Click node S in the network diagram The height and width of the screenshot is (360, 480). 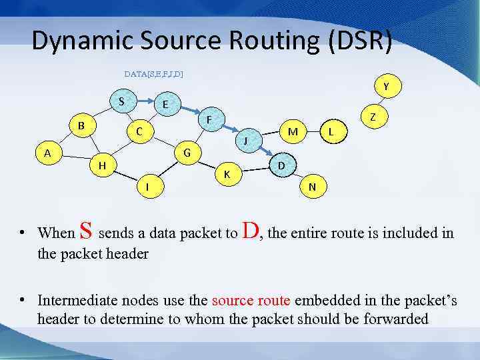pyautogui.click(x=121, y=101)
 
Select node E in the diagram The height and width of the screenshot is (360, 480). pyautogui.click(x=164, y=105)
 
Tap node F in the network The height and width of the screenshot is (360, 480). pyautogui.click(x=209, y=120)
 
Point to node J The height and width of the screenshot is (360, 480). pyautogui.click(x=245, y=141)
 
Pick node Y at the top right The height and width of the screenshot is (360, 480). pyautogui.click(x=386, y=86)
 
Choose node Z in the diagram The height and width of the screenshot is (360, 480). pyautogui.click(x=373, y=116)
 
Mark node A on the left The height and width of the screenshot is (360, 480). pyautogui.click(x=47, y=153)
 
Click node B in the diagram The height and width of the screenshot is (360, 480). pyautogui.click(x=81, y=125)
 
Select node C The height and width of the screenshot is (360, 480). pyautogui.click(x=139, y=131)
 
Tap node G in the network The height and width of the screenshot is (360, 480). pyautogui.click(x=187, y=153)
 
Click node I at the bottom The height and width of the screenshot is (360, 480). pyautogui.click(x=147, y=188)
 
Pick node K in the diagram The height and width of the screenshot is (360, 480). pyautogui.click(x=227, y=174)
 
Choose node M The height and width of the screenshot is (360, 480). pyautogui.click(x=292, y=131)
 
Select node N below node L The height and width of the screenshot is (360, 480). pyautogui.click(x=312, y=187)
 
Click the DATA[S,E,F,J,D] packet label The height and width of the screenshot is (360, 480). pyautogui.click(x=154, y=73)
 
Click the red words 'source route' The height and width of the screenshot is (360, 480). pyautogui.click(x=252, y=301)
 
